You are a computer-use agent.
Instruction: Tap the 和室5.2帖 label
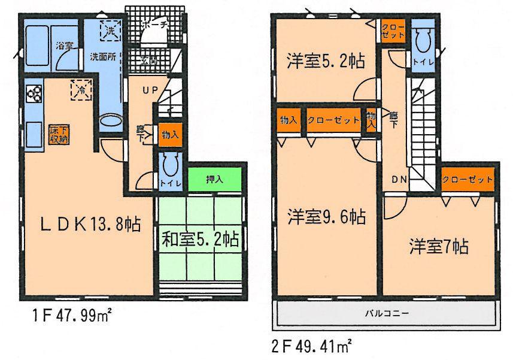(200, 240)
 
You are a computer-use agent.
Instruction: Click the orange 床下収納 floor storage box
(59, 134)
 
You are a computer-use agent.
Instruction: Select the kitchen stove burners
(34, 93)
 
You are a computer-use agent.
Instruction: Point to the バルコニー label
(385, 313)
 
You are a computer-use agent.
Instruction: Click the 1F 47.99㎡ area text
(66, 316)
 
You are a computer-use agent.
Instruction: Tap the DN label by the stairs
(400, 179)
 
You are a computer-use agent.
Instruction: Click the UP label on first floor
(150, 90)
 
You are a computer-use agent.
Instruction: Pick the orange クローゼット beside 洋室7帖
(469, 179)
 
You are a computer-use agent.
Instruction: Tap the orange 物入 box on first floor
(169, 135)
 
